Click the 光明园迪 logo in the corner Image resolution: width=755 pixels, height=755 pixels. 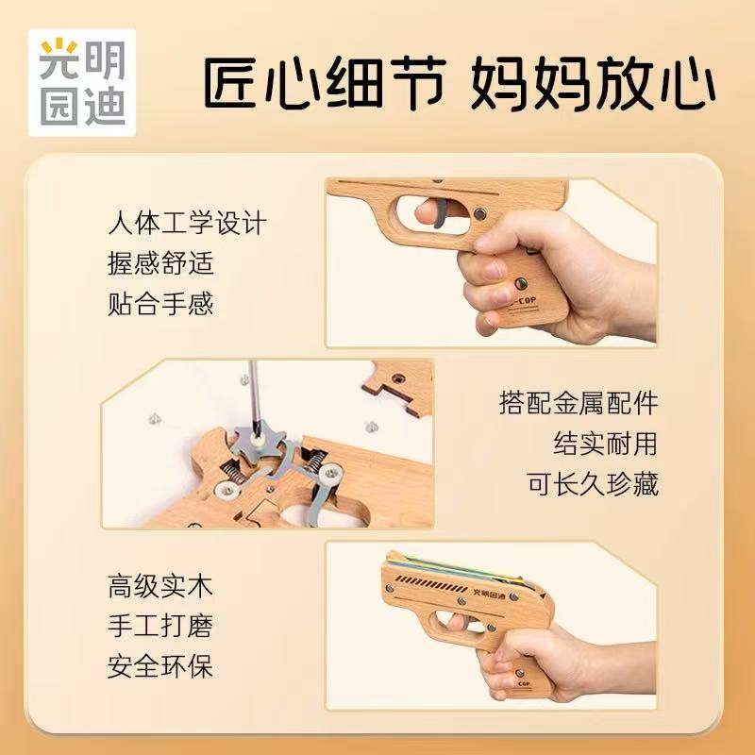tap(82, 82)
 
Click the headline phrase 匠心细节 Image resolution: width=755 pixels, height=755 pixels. tap(324, 83)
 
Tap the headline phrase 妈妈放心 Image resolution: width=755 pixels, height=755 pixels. tap(593, 83)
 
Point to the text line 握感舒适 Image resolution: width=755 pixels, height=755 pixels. tap(160, 263)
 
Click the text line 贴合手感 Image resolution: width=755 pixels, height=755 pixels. tap(160, 303)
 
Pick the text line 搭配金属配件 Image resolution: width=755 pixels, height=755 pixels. tap(579, 403)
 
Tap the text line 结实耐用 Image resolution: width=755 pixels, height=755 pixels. tap(605, 443)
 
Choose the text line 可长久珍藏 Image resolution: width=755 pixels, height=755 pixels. tap(592, 483)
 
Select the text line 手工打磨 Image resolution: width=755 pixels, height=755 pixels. tap(160, 626)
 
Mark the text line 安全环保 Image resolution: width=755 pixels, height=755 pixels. tap(160, 666)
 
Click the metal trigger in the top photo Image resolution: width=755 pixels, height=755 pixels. tap(442, 214)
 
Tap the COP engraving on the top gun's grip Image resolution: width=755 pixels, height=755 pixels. tap(525, 301)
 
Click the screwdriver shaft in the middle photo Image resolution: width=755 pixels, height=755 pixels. tap(254, 395)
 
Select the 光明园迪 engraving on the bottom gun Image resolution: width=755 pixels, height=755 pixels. tap(489, 595)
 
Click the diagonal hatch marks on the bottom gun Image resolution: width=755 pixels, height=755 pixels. tap(430, 583)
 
